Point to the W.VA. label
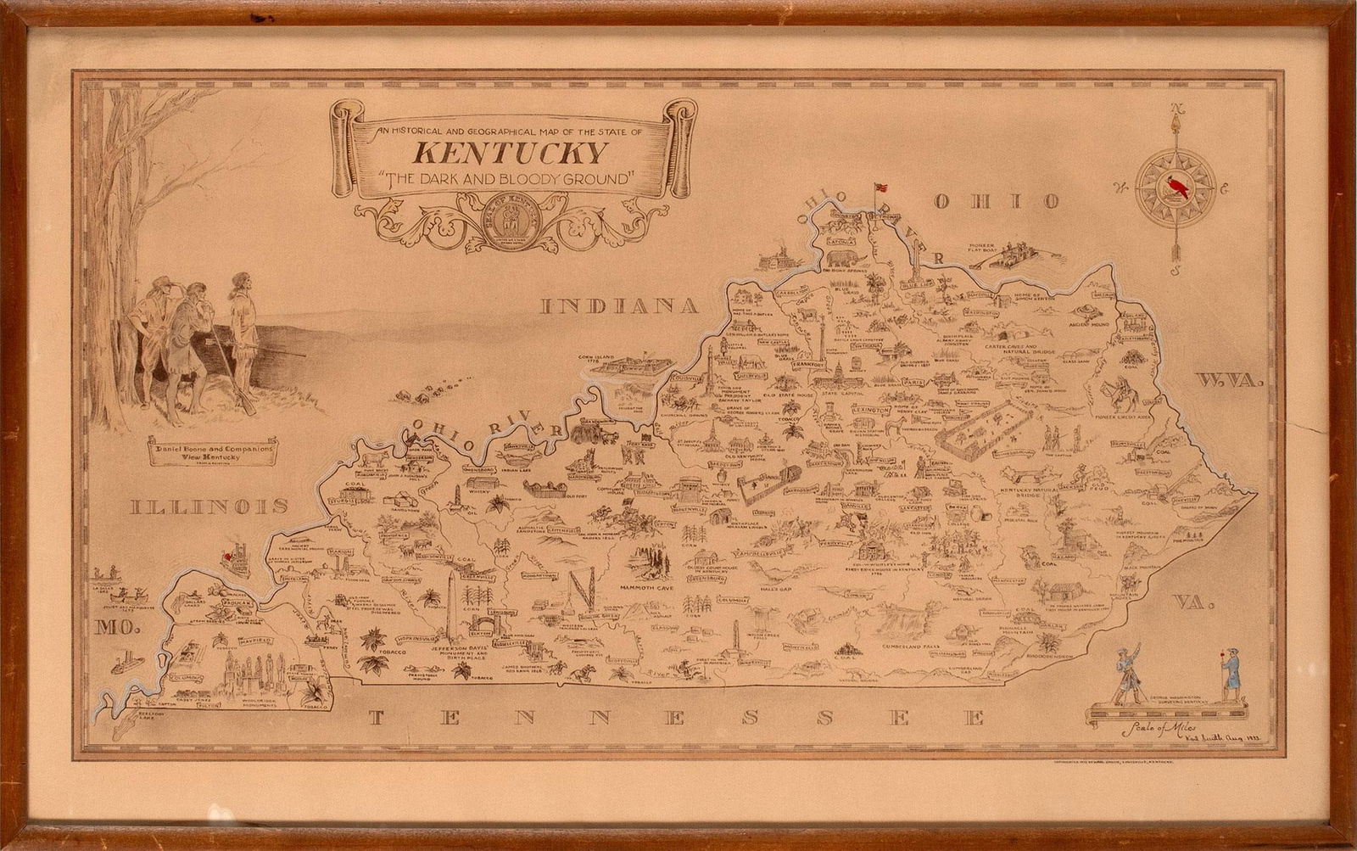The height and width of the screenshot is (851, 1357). (1230, 382)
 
